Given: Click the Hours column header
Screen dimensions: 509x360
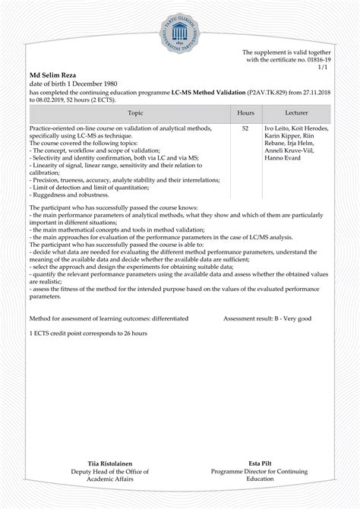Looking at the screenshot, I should [245, 112].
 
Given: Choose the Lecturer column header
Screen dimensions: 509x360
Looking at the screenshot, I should [296, 112].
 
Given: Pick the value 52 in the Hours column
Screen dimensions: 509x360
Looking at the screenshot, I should [245, 129].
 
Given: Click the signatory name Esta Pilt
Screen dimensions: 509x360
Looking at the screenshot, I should [249, 463].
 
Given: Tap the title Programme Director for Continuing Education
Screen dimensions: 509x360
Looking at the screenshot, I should [249, 475].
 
